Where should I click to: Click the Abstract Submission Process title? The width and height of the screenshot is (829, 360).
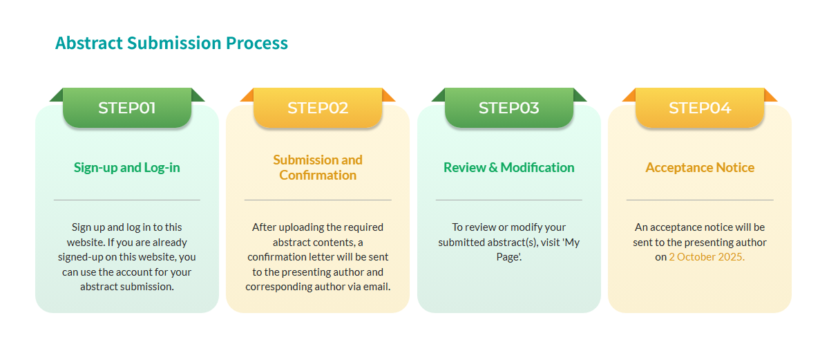171,43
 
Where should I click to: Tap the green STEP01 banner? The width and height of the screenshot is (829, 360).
127,108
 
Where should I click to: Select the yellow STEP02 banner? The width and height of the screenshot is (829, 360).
318,108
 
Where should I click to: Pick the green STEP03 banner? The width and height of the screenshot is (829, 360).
509,108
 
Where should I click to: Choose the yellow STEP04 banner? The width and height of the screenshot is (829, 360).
700,108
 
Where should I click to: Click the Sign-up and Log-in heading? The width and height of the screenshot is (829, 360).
127,168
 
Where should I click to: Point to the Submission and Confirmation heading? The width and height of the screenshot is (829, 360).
318,167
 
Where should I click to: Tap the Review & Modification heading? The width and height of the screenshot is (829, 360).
509,168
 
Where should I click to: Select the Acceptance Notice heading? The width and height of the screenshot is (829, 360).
700,168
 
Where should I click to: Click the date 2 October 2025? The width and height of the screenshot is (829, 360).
707,257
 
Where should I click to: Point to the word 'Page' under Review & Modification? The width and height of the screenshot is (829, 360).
508,257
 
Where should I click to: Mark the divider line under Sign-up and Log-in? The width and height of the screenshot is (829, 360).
127,200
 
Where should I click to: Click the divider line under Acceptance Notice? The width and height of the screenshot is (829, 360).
700,200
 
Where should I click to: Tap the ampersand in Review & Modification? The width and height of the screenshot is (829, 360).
493,168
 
